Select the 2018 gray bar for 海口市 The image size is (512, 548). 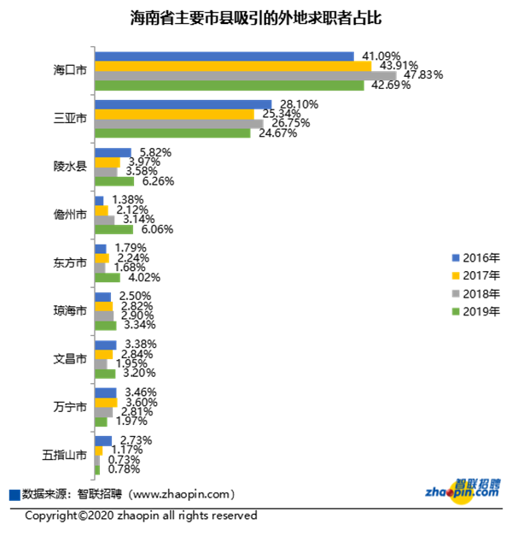[246, 75]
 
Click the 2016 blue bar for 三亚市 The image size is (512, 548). [183, 104]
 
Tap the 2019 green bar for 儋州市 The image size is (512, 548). [113, 229]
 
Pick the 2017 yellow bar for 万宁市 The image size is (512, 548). [106, 402]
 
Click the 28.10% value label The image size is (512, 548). [299, 104]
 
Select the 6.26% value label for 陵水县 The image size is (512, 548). [156, 181]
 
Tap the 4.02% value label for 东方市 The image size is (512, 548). [141, 277]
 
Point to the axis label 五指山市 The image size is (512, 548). [64, 454]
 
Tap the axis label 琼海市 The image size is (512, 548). [69, 310]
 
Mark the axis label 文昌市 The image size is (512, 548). [69, 358]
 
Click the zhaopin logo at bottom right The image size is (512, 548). [461, 490]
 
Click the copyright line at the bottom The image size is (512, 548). [141, 516]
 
